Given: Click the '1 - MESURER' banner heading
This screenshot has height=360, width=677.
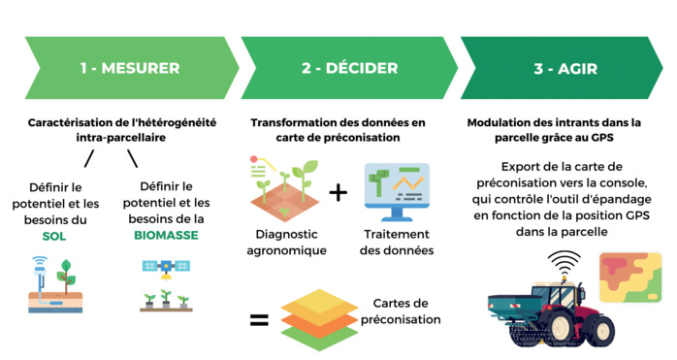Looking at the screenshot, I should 130,68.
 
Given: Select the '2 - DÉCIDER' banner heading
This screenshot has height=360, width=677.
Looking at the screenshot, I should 350,68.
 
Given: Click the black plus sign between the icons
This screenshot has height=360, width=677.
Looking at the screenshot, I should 338,192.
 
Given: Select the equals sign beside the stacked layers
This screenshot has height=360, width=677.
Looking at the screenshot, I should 259,317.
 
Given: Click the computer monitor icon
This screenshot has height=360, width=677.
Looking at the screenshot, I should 397,191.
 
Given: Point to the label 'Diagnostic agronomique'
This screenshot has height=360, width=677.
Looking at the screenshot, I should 287,243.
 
